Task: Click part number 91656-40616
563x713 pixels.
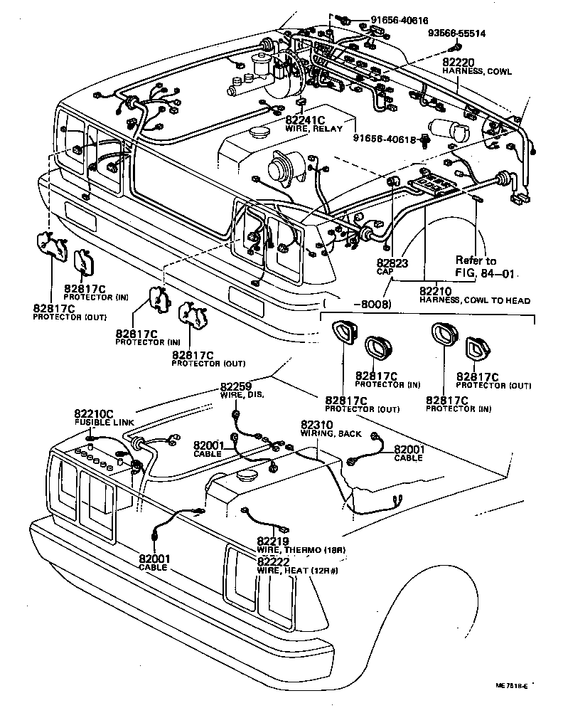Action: (399, 21)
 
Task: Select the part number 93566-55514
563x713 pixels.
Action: (456, 33)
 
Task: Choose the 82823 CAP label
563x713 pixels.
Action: (390, 267)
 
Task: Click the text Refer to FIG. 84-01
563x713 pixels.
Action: (485, 266)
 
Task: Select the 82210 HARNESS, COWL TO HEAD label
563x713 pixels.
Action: (473, 295)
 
